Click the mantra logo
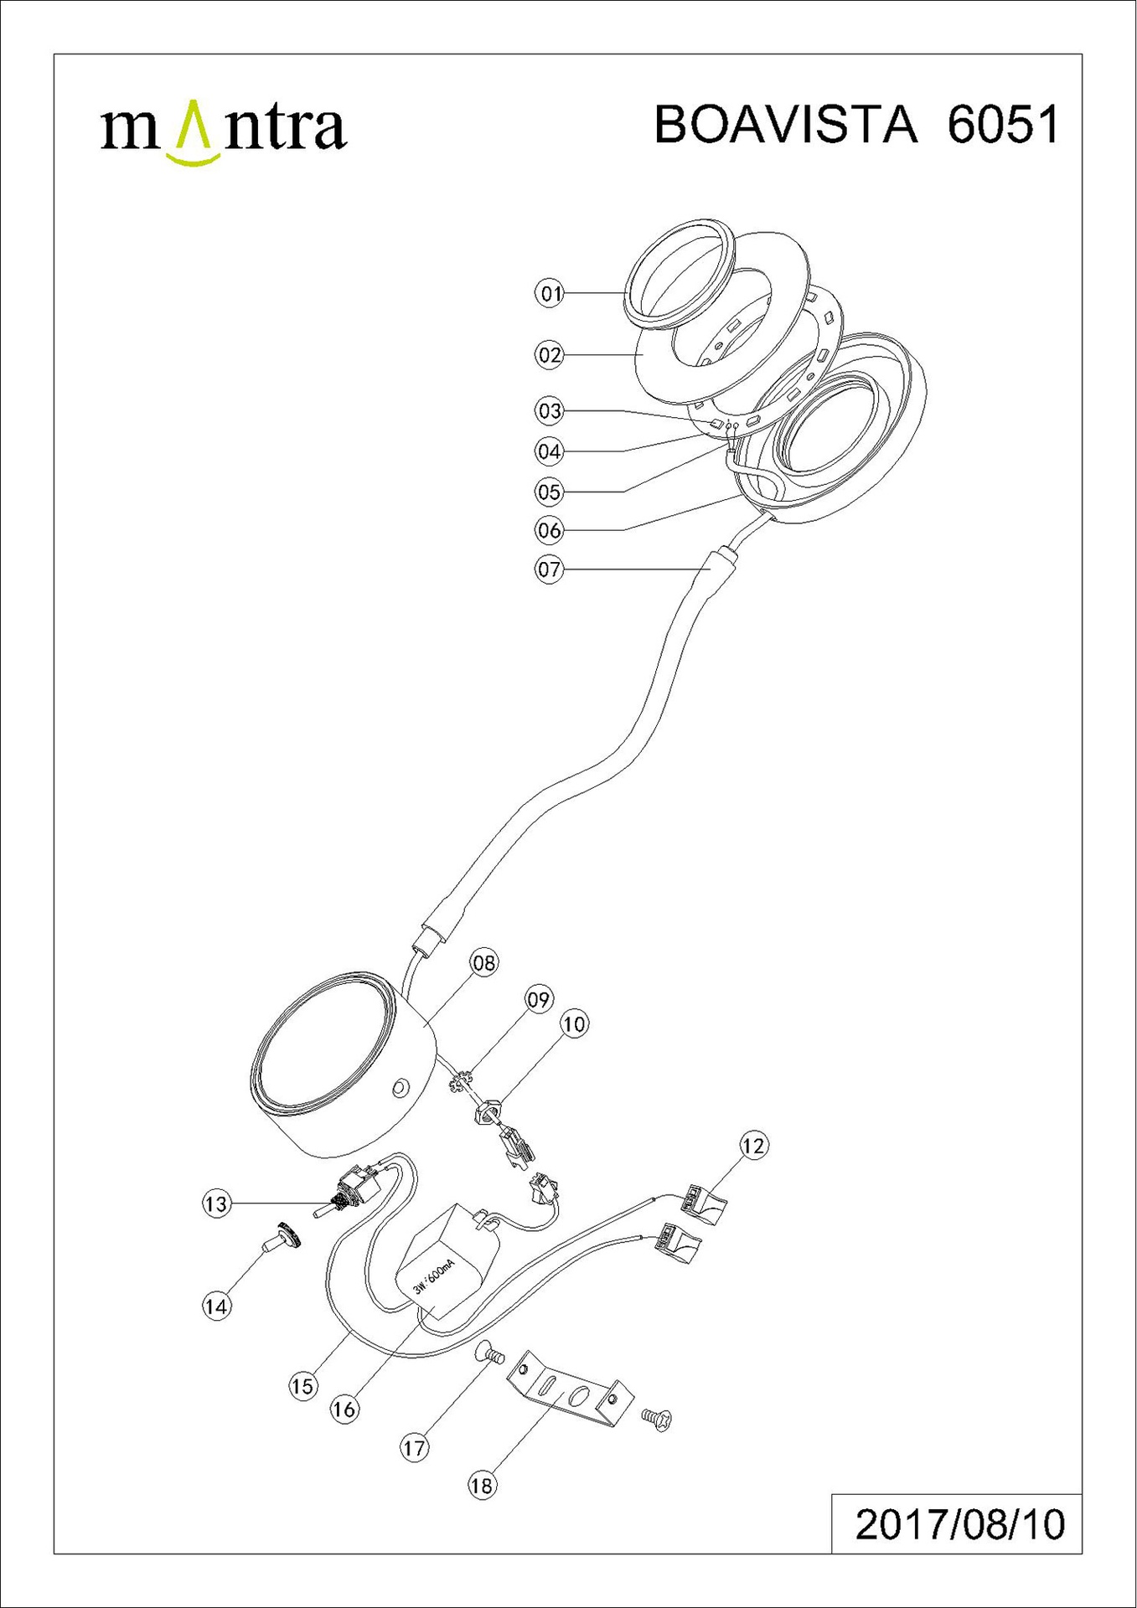coord(223,130)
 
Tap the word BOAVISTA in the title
coord(786,125)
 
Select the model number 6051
coord(1003,125)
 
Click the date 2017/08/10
coord(960,1524)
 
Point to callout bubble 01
coord(550,293)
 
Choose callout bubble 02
coord(550,355)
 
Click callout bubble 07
coord(550,569)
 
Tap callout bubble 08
coord(484,962)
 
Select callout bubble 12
coord(753,1145)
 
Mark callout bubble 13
coord(216,1203)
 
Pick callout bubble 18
coord(482,1486)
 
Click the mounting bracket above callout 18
coord(566,1389)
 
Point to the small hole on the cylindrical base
coord(399,1088)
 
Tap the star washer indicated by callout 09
coord(459,1085)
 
